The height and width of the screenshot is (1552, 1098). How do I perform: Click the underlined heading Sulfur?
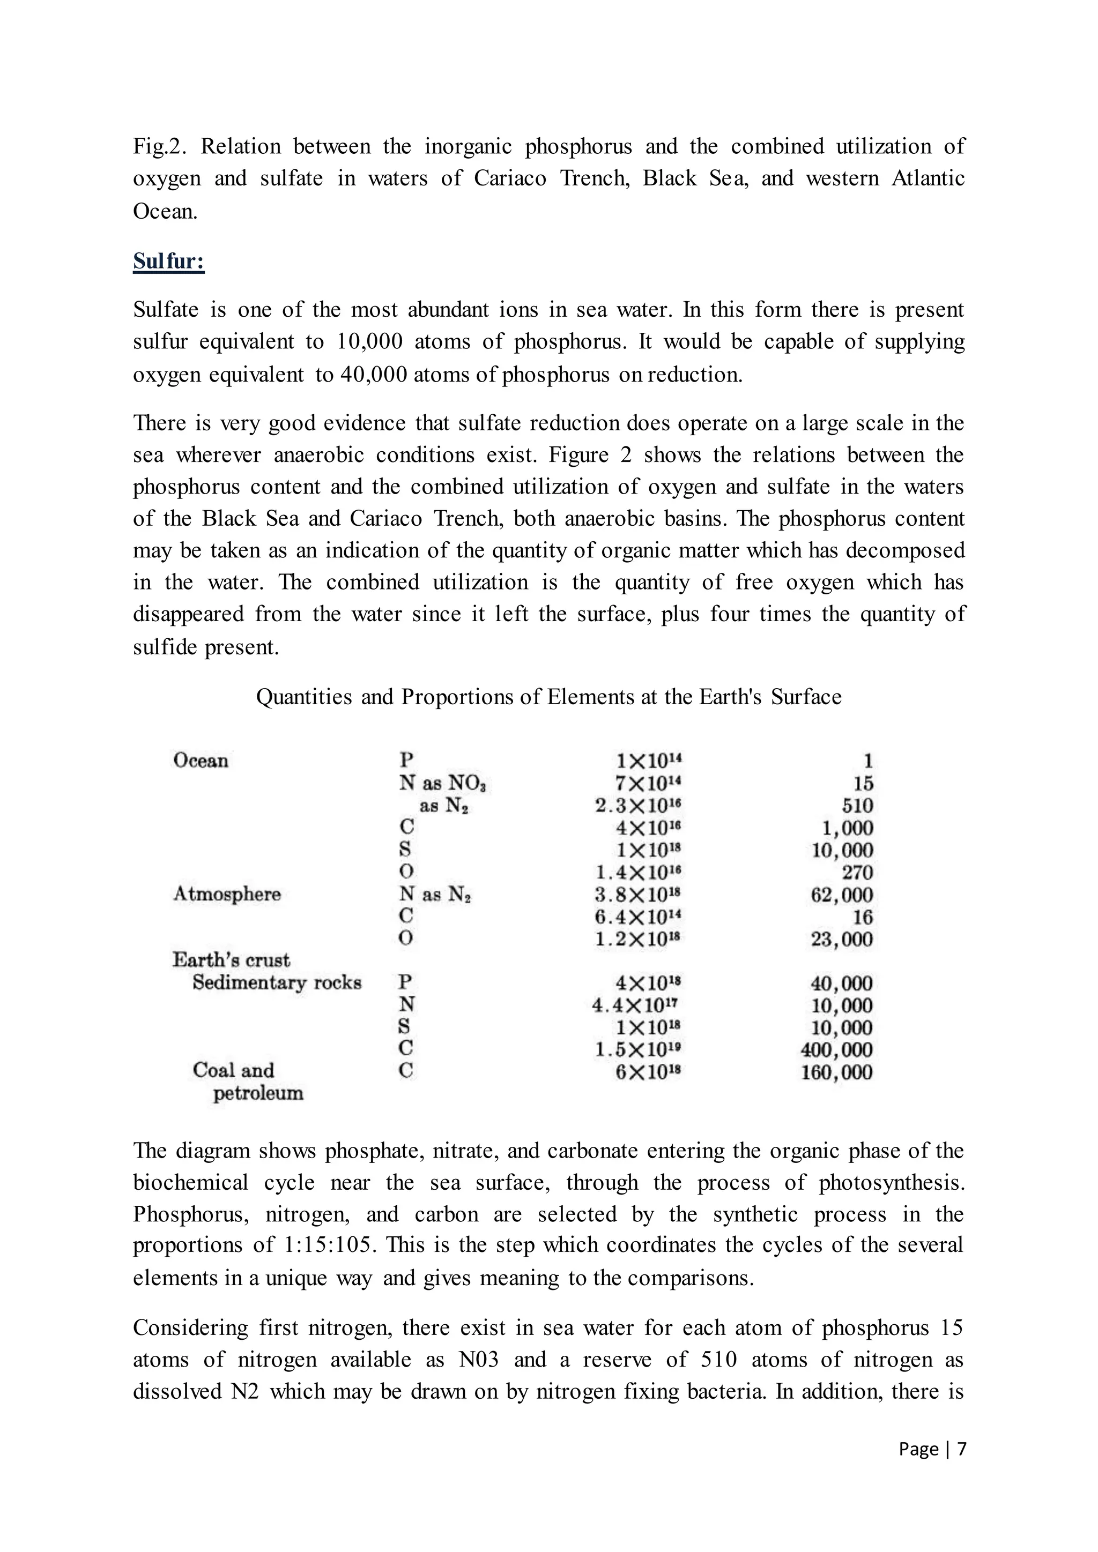point(168,261)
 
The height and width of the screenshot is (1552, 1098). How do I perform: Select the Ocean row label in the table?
point(201,760)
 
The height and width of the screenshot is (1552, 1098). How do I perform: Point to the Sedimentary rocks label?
point(277,982)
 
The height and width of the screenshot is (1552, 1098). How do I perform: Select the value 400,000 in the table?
point(836,1050)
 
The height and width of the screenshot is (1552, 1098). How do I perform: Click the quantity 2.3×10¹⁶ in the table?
point(638,805)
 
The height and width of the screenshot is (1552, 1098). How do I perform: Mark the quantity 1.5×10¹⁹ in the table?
point(638,1050)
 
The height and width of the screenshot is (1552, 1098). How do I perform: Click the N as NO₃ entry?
point(443,784)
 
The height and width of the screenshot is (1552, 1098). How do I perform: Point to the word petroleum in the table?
point(258,1093)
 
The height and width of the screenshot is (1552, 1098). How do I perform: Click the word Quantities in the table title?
point(304,696)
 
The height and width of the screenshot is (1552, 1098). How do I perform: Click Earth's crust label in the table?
point(231,960)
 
